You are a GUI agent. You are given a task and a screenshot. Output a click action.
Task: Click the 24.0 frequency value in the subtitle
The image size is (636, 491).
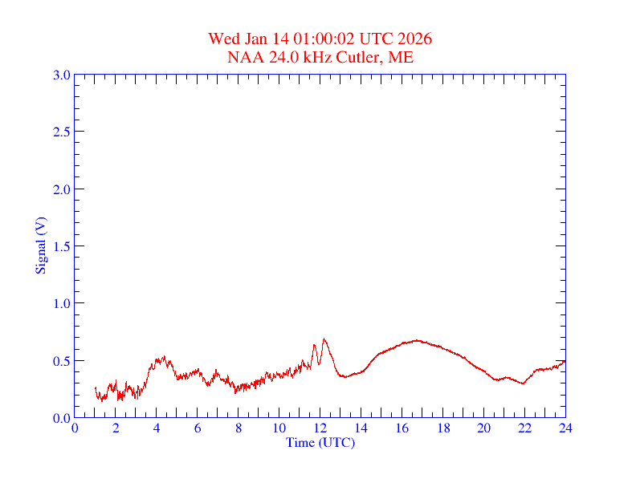(x=281, y=57)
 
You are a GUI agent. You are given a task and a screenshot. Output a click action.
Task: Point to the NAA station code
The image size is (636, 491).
(x=245, y=57)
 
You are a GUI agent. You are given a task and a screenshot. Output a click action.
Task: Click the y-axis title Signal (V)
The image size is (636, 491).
(x=40, y=245)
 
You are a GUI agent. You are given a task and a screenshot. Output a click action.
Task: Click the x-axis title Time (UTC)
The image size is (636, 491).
(x=320, y=442)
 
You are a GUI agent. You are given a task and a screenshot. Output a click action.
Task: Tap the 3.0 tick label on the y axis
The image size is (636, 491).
(x=61, y=75)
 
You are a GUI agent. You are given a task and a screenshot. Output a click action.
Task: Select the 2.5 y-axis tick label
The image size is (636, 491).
(x=61, y=132)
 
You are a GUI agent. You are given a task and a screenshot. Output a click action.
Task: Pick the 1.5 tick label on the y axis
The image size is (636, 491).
(x=61, y=246)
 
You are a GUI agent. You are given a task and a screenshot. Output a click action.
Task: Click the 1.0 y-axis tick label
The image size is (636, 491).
(x=61, y=303)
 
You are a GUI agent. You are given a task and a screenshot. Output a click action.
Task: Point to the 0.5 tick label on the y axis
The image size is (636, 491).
(x=61, y=361)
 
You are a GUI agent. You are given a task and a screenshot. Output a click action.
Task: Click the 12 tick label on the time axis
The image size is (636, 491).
(x=320, y=428)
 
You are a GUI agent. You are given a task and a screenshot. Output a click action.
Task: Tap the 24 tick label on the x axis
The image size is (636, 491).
(x=565, y=428)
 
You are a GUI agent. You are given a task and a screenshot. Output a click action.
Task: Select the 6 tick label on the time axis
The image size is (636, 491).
(x=198, y=428)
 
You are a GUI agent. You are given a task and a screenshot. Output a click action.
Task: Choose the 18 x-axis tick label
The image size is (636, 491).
(x=443, y=428)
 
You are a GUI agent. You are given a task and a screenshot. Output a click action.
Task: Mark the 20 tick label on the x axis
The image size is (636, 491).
(x=484, y=428)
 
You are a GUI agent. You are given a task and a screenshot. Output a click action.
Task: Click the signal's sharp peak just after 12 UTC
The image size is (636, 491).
(x=324, y=339)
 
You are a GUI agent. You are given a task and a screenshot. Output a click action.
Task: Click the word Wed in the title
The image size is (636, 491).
(x=223, y=39)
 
